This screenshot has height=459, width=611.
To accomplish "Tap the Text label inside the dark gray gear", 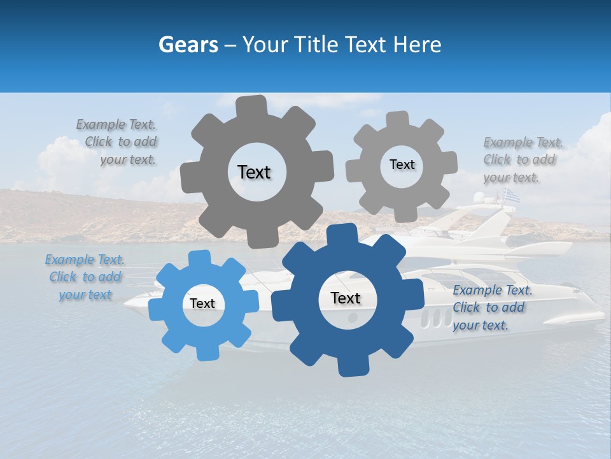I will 254,172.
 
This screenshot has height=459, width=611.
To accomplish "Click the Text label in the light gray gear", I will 402,164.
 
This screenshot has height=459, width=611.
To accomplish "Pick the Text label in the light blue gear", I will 202,303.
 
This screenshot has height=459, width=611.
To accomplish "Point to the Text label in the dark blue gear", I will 346,298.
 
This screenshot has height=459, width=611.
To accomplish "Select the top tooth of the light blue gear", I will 200,258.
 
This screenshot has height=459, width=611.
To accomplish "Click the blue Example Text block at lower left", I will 84,277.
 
